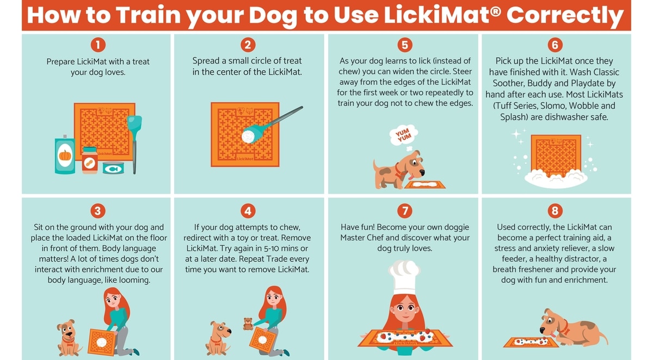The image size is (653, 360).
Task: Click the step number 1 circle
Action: (98, 45)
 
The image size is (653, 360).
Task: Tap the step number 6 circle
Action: (555, 45)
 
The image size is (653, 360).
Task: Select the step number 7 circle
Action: (405, 210)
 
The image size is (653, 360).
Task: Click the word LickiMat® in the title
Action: (442, 15)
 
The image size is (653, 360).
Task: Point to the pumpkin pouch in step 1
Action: (65, 154)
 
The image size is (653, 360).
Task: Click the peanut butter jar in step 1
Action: (89, 160)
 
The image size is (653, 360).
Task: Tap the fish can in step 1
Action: (113, 168)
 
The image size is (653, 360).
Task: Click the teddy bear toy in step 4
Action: (248, 324)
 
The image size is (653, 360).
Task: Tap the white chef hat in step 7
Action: (404, 277)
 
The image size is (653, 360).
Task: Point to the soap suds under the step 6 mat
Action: (556, 178)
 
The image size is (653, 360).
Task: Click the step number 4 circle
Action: (248, 210)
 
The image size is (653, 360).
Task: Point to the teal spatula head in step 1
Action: (134, 124)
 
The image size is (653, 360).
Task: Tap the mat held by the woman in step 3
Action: (102, 342)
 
